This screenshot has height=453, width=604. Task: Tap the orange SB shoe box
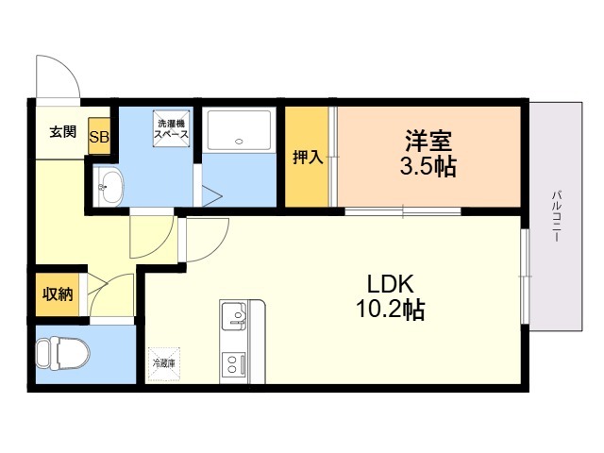[99, 136]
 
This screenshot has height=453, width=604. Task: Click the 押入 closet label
[308, 158]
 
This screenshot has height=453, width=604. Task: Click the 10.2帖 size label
[389, 309]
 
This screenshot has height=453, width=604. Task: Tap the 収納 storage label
[57, 294]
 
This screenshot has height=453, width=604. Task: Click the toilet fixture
[62, 354]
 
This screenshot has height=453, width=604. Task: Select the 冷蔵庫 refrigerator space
[165, 362]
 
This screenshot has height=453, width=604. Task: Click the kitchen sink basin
[233, 312]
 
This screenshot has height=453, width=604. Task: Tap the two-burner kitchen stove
[233, 364]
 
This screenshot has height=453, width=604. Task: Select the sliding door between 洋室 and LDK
[401, 210]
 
